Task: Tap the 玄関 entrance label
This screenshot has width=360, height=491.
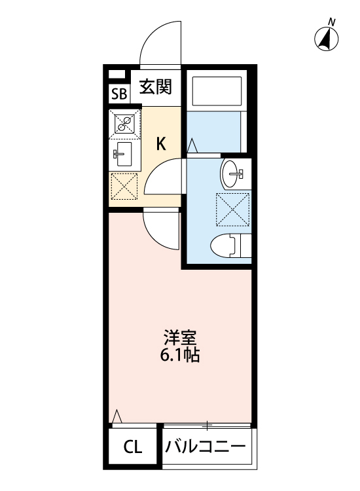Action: click(x=156, y=87)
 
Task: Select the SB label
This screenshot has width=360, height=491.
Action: click(x=118, y=94)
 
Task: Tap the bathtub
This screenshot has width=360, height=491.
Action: click(x=217, y=92)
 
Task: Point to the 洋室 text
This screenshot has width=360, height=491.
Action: click(x=180, y=340)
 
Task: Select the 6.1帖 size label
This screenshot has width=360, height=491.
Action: click(x=180, y=357)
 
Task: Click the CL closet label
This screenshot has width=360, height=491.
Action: click(x=133, y=448)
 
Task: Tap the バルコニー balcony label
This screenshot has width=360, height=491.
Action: click(x=206, y=448)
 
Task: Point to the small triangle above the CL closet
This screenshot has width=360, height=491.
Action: click(x=117, y=416)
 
